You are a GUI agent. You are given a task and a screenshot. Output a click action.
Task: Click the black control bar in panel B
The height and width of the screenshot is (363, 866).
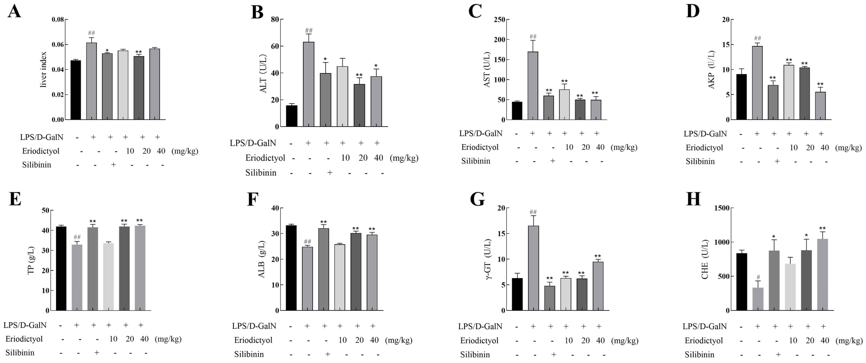292,116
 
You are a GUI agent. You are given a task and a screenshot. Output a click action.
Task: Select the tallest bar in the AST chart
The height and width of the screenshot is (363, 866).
533,86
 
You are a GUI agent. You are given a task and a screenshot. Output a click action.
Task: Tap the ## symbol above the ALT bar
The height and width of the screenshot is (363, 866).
309,31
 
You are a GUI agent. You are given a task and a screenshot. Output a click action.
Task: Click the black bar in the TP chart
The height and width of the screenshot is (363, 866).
61,268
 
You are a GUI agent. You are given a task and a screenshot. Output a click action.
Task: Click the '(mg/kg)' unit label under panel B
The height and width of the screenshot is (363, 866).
404,158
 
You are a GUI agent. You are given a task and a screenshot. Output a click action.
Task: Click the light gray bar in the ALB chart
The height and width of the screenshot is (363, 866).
340,277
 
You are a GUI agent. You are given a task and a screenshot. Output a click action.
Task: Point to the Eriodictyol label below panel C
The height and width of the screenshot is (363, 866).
480,147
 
